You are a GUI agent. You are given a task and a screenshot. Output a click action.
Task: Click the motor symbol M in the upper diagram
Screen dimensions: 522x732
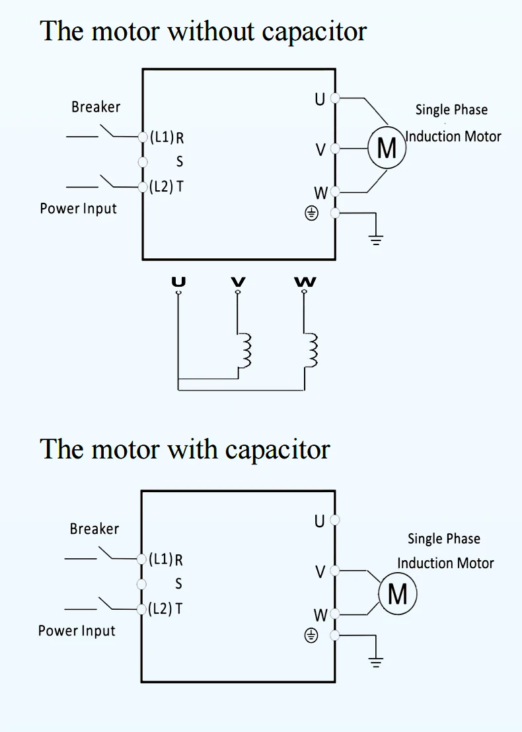coord(387,148)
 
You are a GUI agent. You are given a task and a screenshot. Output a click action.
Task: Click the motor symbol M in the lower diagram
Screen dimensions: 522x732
coord(397,594)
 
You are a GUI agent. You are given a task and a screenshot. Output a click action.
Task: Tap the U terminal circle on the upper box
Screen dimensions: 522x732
coord(335,98)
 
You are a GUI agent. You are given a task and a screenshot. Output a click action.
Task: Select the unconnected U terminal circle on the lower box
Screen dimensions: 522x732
coord(335,519)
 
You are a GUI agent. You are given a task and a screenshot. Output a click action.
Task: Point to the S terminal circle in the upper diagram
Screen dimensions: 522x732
coord(143,162)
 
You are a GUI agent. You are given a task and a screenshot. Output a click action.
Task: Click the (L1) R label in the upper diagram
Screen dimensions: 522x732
coord(167,137)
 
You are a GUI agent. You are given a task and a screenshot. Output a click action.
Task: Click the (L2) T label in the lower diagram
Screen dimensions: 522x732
coord(165,608)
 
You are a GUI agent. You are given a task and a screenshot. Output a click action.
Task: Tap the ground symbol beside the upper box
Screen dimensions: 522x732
coord(376,240)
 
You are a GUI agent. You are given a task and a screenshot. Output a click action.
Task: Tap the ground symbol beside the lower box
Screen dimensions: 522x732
coord(376,662)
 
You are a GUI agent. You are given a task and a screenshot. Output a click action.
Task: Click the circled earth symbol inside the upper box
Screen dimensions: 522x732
coord(311,214)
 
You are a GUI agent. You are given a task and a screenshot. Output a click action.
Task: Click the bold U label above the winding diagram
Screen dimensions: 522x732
coord(178,281)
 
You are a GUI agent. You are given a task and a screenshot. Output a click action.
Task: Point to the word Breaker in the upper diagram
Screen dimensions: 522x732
coord(96,107)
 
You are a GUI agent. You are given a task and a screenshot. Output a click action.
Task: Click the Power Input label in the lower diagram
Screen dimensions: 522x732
coord(77,631)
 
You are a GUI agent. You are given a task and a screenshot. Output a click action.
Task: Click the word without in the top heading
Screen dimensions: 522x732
coord(211,32)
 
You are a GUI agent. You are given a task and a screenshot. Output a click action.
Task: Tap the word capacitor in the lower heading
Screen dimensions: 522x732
coord(278,450)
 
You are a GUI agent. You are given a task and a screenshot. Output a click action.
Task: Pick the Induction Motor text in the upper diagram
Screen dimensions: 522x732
coord(453,136)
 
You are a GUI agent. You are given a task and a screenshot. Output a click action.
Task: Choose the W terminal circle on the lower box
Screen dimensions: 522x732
coord(335,614)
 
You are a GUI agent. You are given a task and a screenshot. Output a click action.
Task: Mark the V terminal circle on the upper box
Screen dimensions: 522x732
coord(335,149)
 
